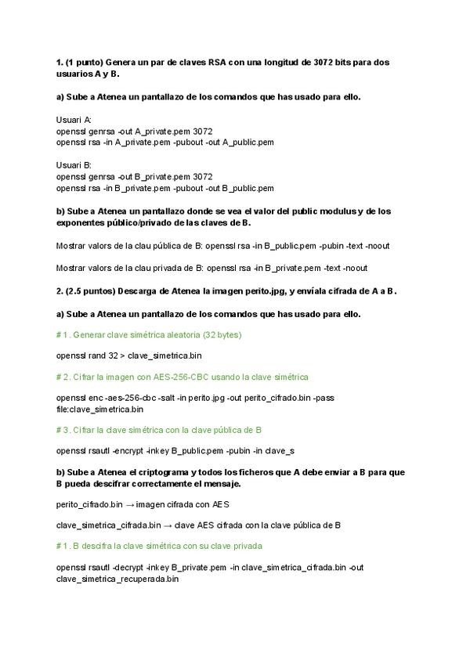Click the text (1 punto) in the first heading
[x=89, y=62]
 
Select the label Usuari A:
[x=74, y=120]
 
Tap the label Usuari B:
[x=74, y=165]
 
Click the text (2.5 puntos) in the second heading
[x=93, y=291]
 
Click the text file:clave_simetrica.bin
[x=99, y=409]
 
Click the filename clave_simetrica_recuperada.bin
[x=117, y=579]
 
